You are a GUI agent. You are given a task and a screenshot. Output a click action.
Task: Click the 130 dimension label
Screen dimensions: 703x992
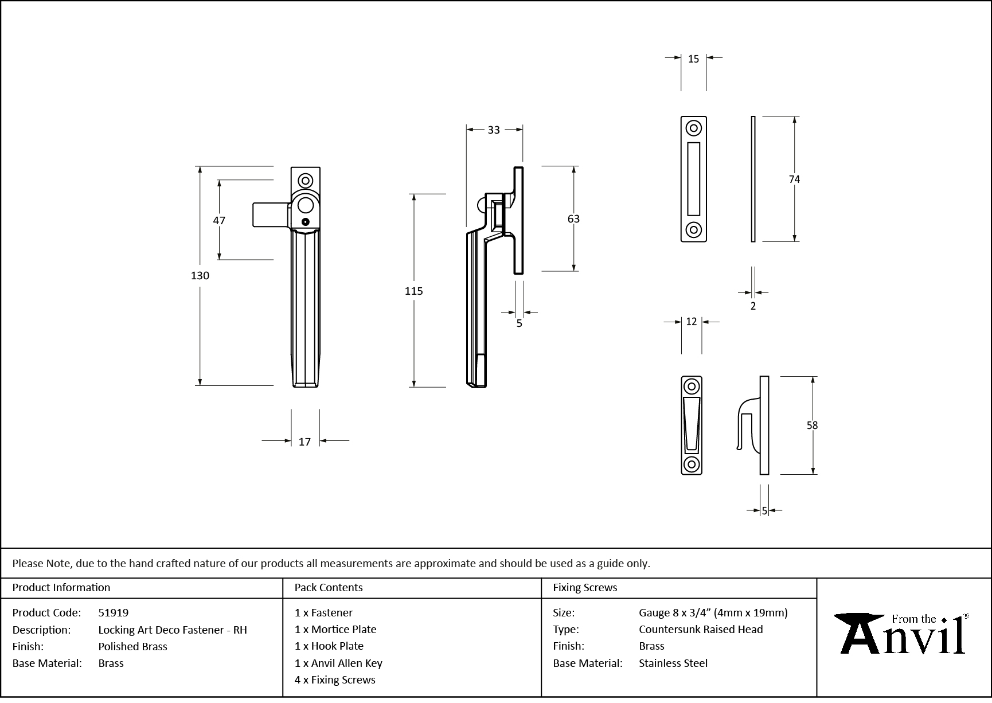(200, 276)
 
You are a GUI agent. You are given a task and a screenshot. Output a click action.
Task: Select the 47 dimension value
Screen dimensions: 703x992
(219, 220)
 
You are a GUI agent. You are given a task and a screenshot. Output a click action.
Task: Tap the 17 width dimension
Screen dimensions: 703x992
(304, 442)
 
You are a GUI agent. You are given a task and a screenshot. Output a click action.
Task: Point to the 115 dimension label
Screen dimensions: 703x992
(413, 291)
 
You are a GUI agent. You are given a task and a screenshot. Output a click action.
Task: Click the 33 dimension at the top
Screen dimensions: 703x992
(494, 130)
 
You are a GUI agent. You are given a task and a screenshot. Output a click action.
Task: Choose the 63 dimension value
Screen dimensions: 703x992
(573, 219)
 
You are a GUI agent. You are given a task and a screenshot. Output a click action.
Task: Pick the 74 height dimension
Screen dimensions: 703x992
(794, 179)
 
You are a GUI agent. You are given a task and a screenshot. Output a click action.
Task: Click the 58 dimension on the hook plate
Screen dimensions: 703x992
(812, 425)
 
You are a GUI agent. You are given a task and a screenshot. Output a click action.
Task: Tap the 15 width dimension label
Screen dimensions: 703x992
(693, 59)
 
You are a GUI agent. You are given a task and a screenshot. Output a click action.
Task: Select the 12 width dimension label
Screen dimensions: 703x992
(691, 322)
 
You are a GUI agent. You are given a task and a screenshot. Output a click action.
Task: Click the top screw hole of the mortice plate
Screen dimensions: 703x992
(694, 128)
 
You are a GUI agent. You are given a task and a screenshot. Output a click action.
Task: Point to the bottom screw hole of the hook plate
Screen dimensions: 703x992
(692, 464)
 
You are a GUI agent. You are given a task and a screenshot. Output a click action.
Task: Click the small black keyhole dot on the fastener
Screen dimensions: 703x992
(306, 222)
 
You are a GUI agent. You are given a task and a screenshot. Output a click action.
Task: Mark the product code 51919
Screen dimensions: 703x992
(114, 613)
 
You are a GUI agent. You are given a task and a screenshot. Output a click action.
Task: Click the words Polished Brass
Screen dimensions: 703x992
(132, 647)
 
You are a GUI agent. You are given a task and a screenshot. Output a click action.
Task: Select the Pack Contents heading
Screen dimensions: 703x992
(329, 588)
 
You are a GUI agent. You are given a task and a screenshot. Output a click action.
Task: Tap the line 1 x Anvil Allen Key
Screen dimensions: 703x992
(338, 663)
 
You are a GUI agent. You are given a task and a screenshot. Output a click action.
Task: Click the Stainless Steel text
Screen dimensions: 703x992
(673, 663)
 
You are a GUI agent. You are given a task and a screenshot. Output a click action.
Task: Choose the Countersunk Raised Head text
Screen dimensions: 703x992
(701, 630)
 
